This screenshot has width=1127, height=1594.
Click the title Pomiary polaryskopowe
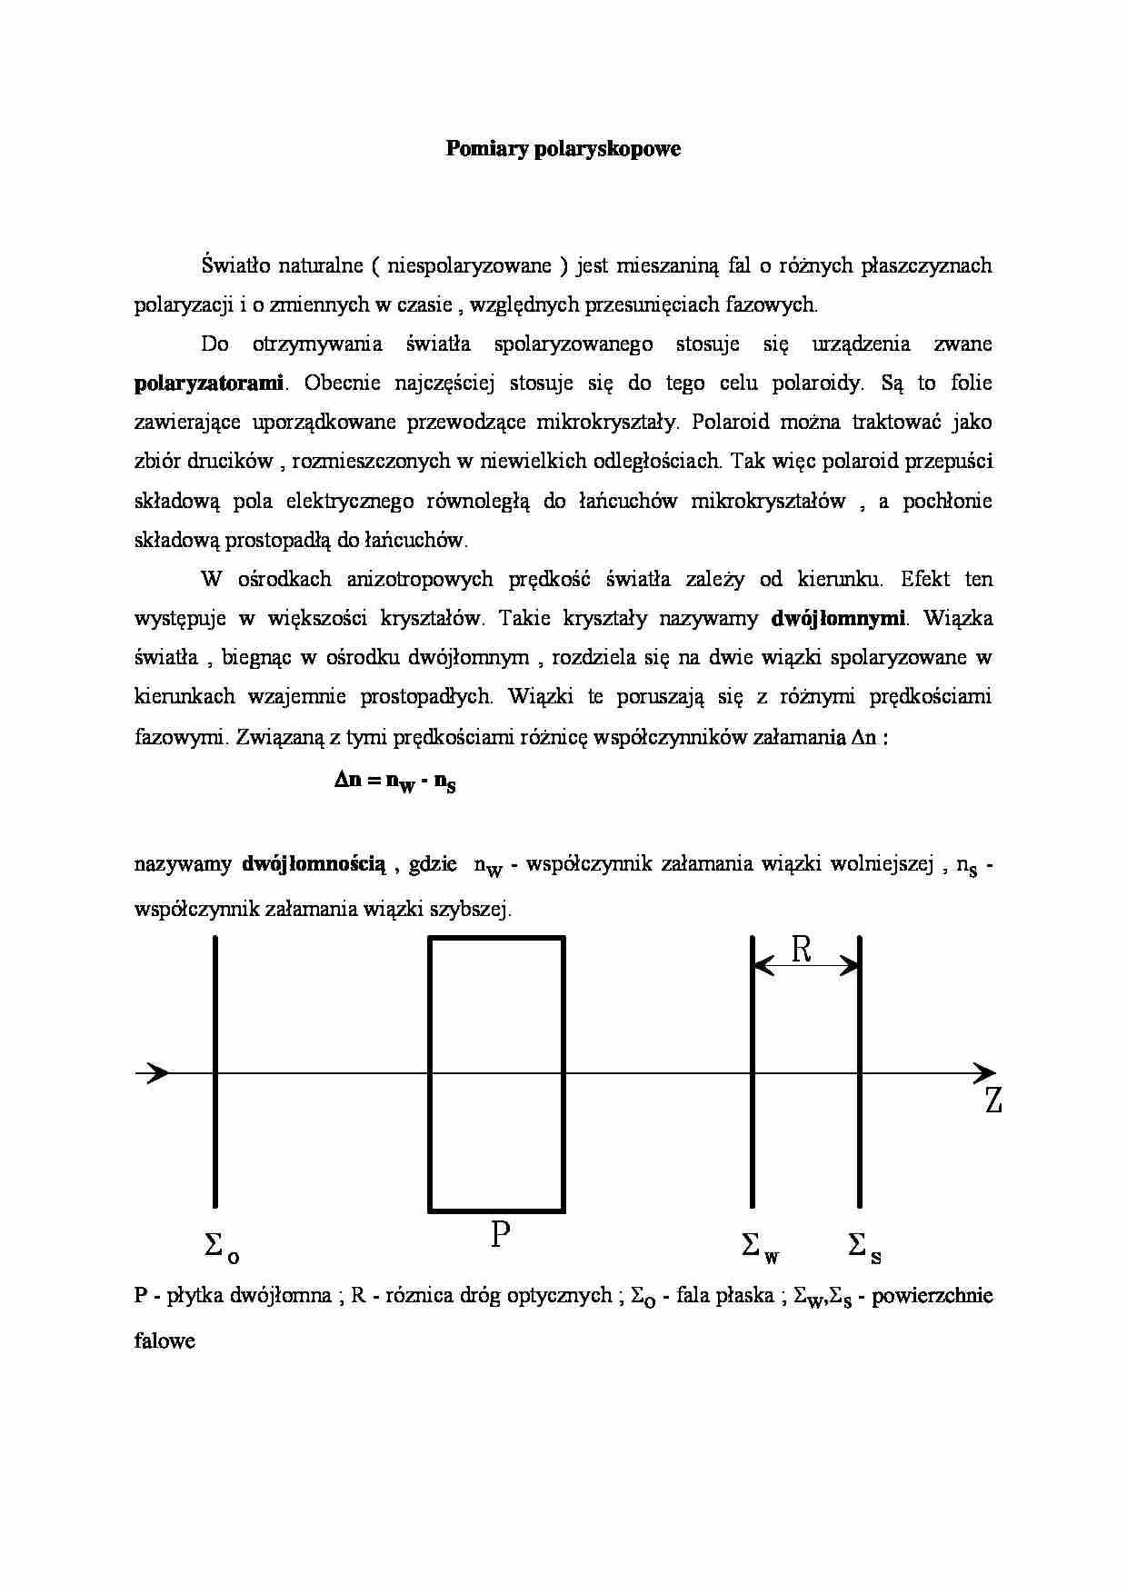point(563,149)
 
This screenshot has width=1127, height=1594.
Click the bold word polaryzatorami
point(209,383)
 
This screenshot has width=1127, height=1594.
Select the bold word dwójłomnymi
point(837,618)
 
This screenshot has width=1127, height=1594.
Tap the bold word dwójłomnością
point(314,863)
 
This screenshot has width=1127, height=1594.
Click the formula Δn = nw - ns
point(394,781)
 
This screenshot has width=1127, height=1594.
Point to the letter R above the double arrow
point(801,950)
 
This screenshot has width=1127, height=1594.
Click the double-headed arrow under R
point(806,967)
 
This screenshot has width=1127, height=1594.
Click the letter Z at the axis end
point(993,1101)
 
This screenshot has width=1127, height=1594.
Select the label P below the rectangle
point(500,1235)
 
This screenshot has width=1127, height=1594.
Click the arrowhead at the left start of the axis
point(157,1072)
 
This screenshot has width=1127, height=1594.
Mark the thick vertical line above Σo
point(215,1072)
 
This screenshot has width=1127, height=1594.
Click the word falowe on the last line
point(165,1340)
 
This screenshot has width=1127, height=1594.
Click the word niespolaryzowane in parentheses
point(469,265)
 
